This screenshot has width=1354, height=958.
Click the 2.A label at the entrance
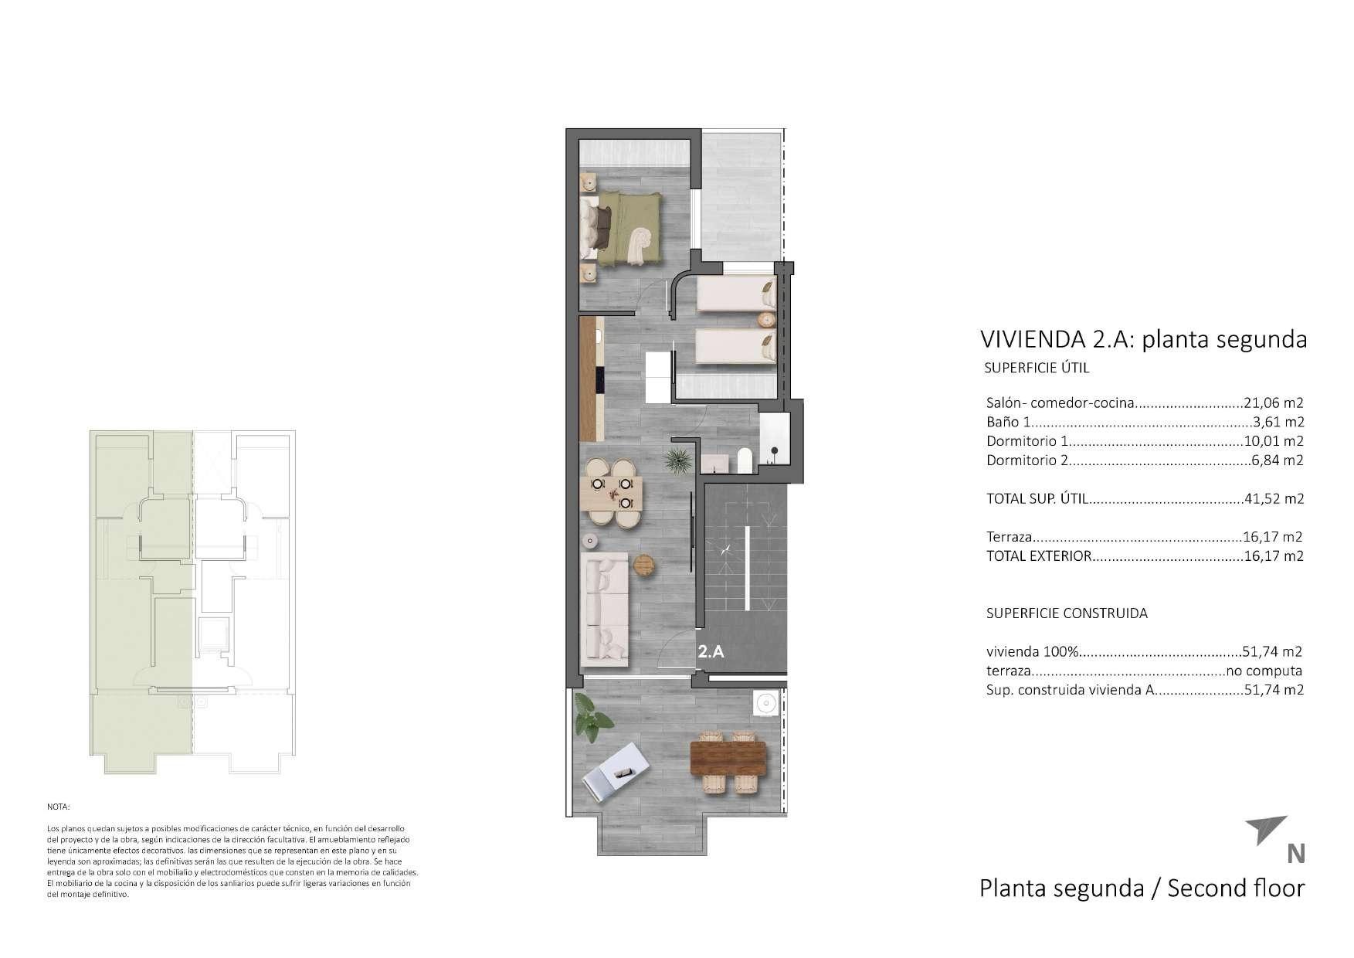pos(711,651)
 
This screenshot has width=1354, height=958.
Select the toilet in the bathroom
pos(745,460)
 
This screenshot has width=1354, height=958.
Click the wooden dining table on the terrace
pos(728,757)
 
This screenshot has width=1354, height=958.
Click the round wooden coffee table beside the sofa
pos(644,566)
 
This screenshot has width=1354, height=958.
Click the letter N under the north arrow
pos(1296,854)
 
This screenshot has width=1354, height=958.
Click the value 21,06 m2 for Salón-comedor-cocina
pos(1274,403)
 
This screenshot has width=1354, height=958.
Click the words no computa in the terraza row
pos(1264,671)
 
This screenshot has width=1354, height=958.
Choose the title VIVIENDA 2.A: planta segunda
pos(1143,339)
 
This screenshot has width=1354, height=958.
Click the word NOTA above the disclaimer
pos(58,807)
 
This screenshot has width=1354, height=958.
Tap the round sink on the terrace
pos(766,703)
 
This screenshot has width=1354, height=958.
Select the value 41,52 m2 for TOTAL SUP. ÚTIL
pos(1274,499)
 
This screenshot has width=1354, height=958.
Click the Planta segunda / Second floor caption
pos(1142,888)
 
